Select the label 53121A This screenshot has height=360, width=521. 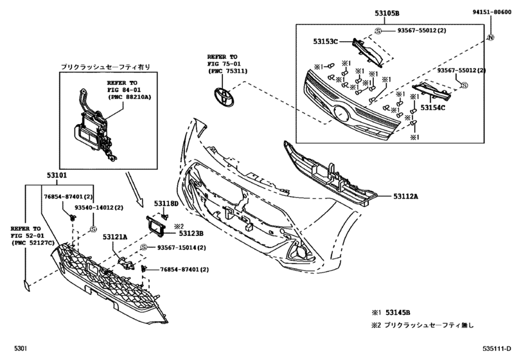(x=117, y=237)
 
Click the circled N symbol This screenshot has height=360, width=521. (x=491, y=38)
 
